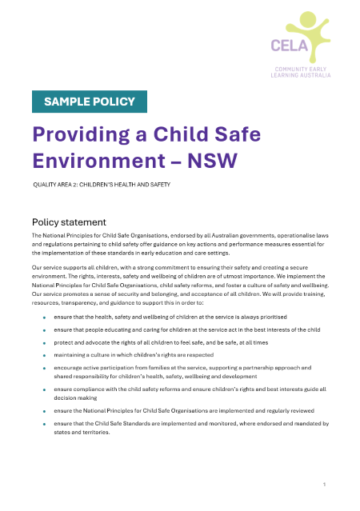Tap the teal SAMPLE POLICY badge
tap(89, 102)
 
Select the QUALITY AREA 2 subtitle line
tap(101, 185)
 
